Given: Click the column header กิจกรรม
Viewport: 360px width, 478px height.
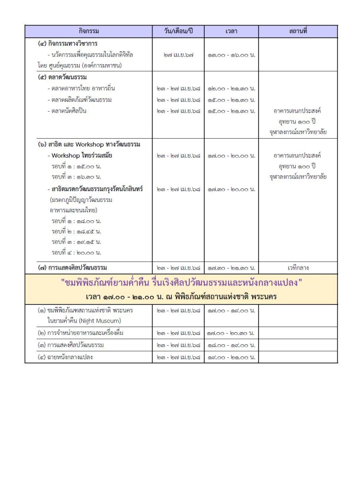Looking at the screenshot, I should (x=88, y=31).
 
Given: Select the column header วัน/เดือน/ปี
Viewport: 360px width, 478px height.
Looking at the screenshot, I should (x=178, y=31).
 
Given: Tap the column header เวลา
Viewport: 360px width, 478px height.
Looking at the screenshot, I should (x=231, y=31).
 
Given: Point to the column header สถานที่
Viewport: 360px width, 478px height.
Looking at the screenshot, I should (x=298, y=31).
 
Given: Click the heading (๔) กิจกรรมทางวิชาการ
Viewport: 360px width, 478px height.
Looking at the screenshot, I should (x=68, y=43).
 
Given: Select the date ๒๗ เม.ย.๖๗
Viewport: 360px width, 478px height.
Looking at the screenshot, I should (x=178, y=55).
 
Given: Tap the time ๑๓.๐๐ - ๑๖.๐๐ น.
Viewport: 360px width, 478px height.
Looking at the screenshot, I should (x=231, y=55).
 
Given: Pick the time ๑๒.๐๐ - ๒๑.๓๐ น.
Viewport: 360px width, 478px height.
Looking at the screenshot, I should (x=231, y=88).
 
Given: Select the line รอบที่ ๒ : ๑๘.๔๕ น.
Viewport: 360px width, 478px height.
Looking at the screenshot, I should (x=76, y=231).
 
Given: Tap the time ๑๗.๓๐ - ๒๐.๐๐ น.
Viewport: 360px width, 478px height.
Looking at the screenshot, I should (x=231, y=189).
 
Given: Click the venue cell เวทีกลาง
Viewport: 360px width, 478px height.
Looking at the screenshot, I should (x=298, y=268).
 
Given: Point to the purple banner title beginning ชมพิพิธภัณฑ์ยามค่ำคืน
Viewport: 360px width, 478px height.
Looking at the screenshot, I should (x=181, y=284).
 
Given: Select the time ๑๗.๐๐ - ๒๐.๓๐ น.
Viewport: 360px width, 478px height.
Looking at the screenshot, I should (x=231, y=333).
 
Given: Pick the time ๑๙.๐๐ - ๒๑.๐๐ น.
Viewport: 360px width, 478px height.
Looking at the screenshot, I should (x=231, y=357).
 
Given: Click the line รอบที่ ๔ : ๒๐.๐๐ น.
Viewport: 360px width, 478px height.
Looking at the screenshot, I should (x=76, y=252).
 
